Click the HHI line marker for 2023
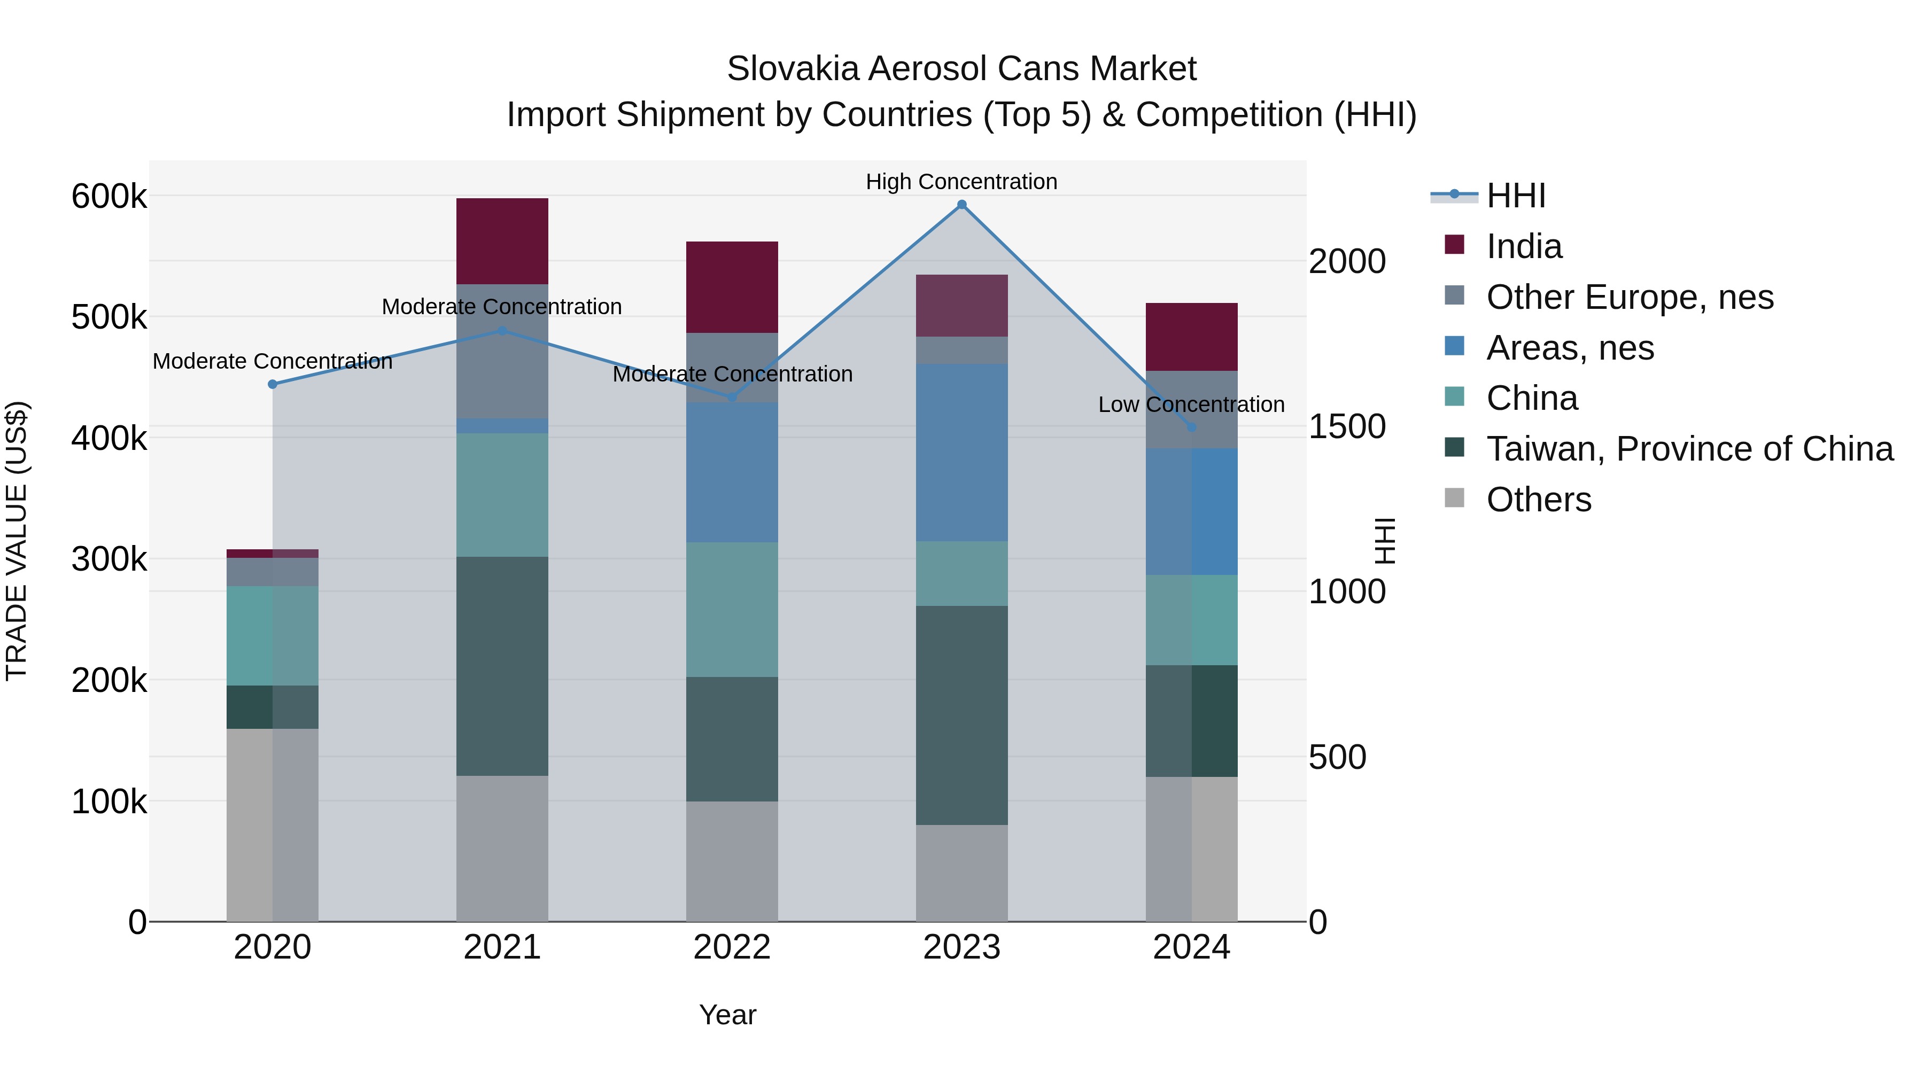[961, 205]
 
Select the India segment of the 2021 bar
[502, 240]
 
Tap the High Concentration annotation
[961, 182]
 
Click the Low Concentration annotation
[1191, 404]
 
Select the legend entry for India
[1524, 246]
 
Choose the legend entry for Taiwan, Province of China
[1689, 449]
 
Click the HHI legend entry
[1516, 196]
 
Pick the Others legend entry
[1539, 500]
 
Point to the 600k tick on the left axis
[109, 197]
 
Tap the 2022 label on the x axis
[732, 947]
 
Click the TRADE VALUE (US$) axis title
[17, 541]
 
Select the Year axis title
[727, 1015]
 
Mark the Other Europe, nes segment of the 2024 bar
[1191, 409]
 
